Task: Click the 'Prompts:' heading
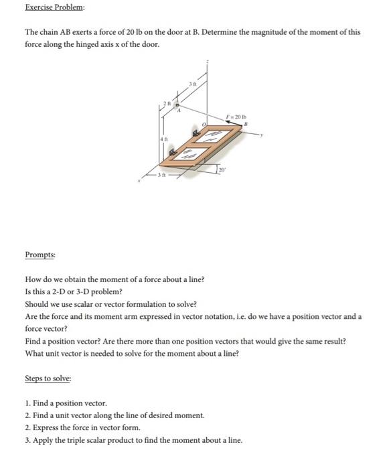(40, 255)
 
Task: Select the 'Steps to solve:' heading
(47, 379)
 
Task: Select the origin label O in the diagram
(204, 125)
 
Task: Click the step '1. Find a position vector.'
(65, 403)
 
